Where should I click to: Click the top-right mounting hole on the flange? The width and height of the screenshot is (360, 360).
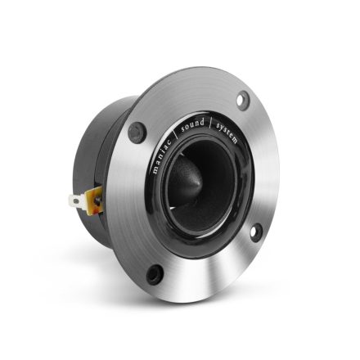coord(243,100)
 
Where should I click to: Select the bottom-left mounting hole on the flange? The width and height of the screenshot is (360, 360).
coord(151,273)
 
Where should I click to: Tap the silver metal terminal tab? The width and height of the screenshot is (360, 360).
coord(76,199)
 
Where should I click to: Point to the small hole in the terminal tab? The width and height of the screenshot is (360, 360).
coord(76,199)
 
